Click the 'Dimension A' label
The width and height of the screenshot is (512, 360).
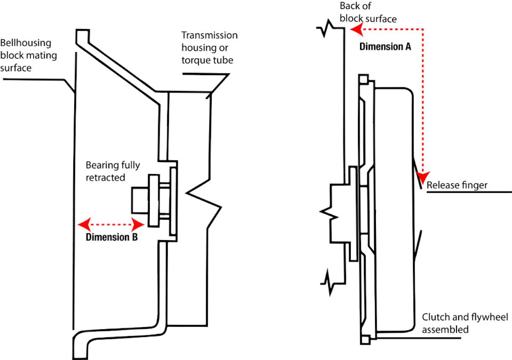pyautogui.click(x=385, y=46)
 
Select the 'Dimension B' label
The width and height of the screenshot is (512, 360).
pyautogui.click(x=111, y=237)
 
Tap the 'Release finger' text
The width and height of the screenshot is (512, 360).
pyautogui.click(x=457, y=186)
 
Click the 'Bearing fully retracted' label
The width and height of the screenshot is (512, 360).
pyautogui.click(x=113, y=171)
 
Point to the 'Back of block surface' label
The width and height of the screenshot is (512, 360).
pyautogui.click(x=368, y=12)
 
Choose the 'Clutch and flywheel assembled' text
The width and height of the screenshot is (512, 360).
pyautogui.click(x=465, y=323)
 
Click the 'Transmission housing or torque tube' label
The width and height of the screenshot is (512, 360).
pyautogui.click(x=209, y=48)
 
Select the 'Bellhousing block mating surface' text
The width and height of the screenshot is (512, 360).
pyautogui.click(x=28, y=55)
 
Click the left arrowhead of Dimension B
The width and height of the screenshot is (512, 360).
pyautogui.click(x=84, y=224)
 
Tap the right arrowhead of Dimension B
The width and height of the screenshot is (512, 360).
pyautogui.click(x=138, y=224)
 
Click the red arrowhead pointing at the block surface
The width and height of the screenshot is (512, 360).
pyautogui.click(x=356, y=29)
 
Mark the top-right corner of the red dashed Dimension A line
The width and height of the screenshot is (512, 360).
pyautogui.click(x=423, y=29)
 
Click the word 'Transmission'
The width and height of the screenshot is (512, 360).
pyautogui.click(x=209, y=35)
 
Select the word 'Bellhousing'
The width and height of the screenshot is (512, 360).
pyautogui.click(x=26, y=43)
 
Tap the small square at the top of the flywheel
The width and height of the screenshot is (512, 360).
pyautogui.click(x=364, y=79)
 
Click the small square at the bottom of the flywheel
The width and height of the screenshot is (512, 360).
pyautogui.click(x=365, y=340)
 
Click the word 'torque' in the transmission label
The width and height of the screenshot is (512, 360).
pyautogui.click(x=196, y=60)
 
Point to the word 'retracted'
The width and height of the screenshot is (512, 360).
pyautogui.click(x=105, y=177)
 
